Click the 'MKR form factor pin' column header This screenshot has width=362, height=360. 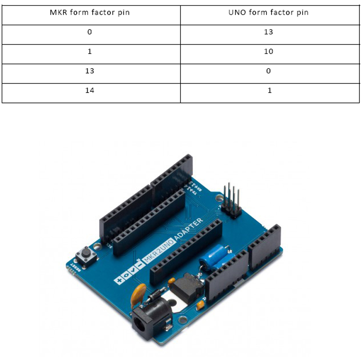pos(90,13)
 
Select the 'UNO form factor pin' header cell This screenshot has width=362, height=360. pos(269,13)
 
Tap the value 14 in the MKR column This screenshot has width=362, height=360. pos(90,90)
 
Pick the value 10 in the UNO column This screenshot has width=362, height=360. pos(269,51)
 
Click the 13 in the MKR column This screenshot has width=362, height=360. pos(90,71)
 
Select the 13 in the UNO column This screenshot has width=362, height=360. pos(269,32)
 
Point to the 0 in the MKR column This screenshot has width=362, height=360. pos(90,32)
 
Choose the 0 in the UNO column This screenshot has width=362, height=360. pos(269,71)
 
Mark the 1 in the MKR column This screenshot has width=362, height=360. pos(90,51)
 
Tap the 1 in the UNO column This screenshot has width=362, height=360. pos(269,90)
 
